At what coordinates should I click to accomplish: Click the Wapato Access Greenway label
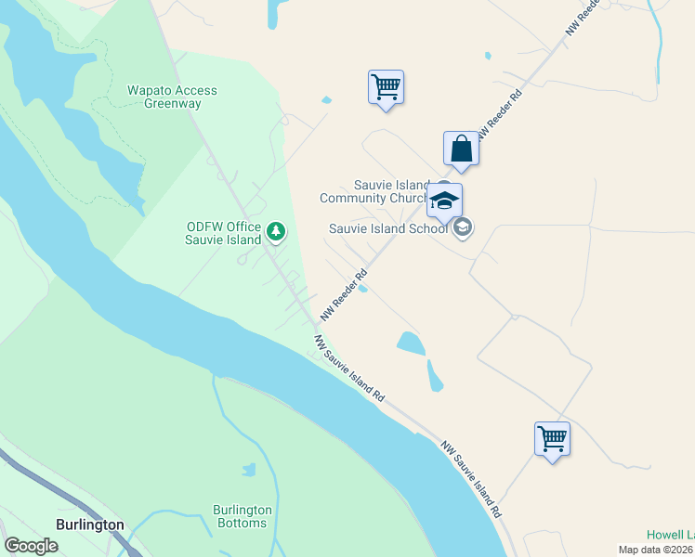coord(172,97)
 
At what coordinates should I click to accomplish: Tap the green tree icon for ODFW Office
coord(275,231)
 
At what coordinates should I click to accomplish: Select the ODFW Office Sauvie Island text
coord(224,233)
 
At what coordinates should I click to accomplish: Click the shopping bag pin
coord(461,149)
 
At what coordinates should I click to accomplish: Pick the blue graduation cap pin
coord(445,201)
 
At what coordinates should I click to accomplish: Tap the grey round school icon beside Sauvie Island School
coord(463,227)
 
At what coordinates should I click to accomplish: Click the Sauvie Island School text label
coord(388,228)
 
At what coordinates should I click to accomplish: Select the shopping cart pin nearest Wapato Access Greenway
coord(386,88)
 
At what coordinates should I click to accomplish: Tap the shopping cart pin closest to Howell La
coord(552,438)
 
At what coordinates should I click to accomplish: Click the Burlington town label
coord(90,525)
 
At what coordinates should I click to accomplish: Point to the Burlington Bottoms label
coord(243,516)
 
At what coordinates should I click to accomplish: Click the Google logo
coord(31,546)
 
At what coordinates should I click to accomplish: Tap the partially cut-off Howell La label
coord(670,535)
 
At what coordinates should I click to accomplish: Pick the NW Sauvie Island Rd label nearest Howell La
coord(472,479)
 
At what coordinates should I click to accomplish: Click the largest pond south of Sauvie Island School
coord(411,343)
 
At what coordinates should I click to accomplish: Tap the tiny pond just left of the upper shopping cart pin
coord(326,100)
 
